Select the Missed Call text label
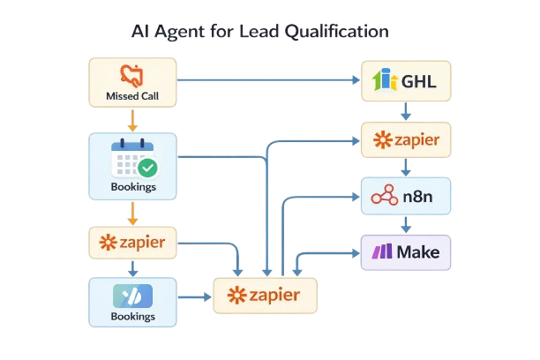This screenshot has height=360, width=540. pyautogui.click(x=131, y=95)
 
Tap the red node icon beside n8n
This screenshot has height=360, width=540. pyautogui.click(x=385, y=197)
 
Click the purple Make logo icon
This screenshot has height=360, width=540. pyautogui.click(x=382, y=252)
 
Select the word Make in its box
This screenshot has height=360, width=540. pyautogui.click(x=418, y=252)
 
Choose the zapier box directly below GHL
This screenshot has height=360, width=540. pyautogui.click(x=406, y=139)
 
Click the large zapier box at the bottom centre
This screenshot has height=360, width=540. pyautogui.click(x=265, y=295)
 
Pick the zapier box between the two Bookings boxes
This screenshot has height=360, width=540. pyautogui.click(x=132, y=242)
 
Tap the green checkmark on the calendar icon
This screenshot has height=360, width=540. pyautogui.click(x=147, y=167)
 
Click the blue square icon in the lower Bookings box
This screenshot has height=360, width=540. pyautogui.click(x=132, y=296)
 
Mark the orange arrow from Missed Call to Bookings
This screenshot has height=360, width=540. pyautogui.click(x=131, y=120)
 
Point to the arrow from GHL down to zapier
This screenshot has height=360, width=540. pyautogui.click(x=406, y=112)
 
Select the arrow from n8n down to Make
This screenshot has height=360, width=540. pyautogui.click(x=406, y=225)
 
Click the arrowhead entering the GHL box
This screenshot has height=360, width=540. pyautogui.click(x=356, y=80)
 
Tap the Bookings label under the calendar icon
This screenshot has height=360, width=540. pyautogui.click(x=132, y=187)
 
